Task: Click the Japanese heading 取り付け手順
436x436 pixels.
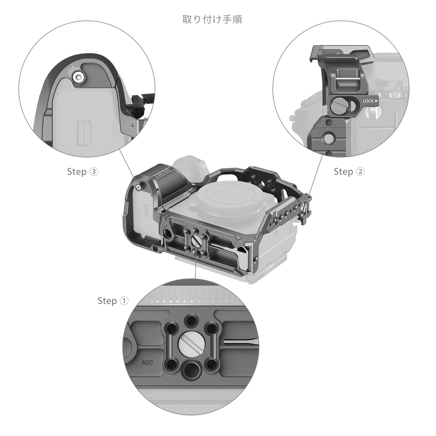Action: coord(212,19)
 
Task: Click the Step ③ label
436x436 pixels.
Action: coord(82,172)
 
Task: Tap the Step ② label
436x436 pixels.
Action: coord(349,172)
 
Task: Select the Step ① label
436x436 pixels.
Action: coord(113,301)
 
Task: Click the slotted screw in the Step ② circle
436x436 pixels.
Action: coord(339,104)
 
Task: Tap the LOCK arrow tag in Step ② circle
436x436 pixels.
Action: coord(370,101)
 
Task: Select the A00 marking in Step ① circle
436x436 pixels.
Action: coord(147,363)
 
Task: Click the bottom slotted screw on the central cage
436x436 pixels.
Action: coord(197,240)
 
